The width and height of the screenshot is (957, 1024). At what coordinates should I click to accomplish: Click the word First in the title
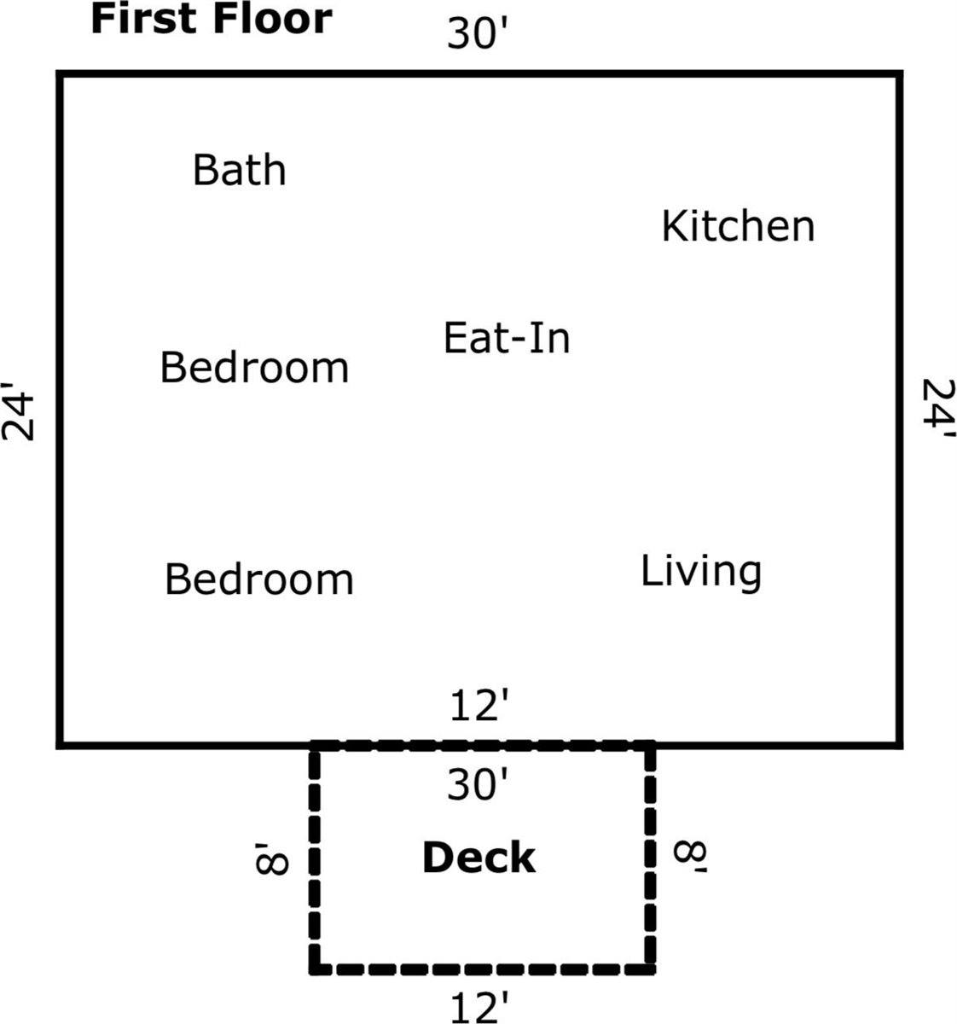click(x=146, y=20)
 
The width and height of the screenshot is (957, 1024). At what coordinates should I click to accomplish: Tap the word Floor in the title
click(x=272, y=20)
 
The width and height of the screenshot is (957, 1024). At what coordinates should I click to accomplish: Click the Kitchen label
click(x=738, y=226)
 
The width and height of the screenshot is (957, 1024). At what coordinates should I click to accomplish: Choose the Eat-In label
click(x=507, y=338)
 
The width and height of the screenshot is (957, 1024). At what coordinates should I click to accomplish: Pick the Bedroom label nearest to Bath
click(x=255, y=367)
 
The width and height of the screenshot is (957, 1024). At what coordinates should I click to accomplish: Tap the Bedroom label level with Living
click(x=258, y=579)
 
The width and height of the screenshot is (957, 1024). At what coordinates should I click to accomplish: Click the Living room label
click(x=701, y=573)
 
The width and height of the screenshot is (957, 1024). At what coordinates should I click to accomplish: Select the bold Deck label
click(x=479, y=857)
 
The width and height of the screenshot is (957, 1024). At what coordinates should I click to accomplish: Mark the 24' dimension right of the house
click(x=938, y=409)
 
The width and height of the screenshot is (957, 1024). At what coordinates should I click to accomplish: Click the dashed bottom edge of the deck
click(x=483, y=969)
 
